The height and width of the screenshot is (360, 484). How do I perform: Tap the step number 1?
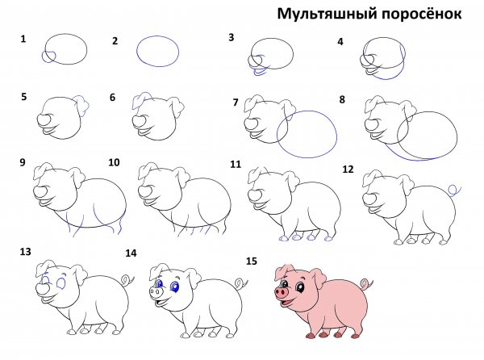(x=23, y=38)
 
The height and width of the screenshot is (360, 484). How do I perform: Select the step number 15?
(x=252, y=262)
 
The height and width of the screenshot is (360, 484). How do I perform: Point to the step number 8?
(x=342, y=100)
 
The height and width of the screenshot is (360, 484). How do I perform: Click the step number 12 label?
(x=348, y=170)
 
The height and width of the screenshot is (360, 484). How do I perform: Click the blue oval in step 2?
(x=158, y=51)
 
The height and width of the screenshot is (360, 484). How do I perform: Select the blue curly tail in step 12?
(x=454, y=190)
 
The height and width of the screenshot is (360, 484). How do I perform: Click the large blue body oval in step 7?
(x=307, y=132)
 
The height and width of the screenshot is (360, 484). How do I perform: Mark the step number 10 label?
(x=114, y=162)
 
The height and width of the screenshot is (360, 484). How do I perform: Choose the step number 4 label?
(x=340, y=41)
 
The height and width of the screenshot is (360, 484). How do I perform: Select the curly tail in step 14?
(x=240, y=283)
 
